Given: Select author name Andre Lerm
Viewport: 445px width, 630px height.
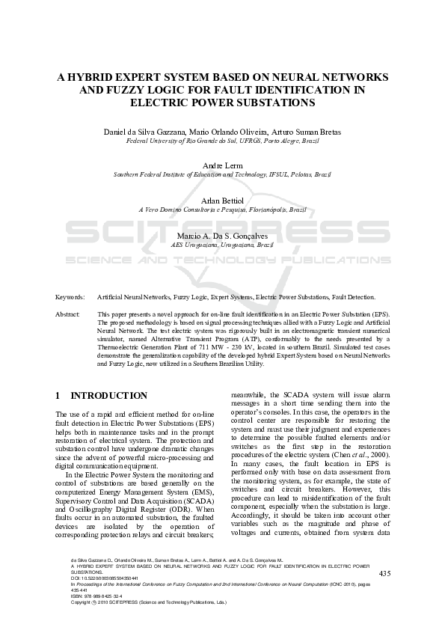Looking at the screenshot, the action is click(x=222, y=165).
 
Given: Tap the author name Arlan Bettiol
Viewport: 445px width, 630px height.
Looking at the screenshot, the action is click(x=222, y=201).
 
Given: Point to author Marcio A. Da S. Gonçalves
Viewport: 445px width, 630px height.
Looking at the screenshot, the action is click(x=222, y=236).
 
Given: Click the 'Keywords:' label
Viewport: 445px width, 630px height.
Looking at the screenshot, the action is click(x=70, y=297).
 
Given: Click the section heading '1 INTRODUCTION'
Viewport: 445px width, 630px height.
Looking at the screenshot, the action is click(x=102, y=395).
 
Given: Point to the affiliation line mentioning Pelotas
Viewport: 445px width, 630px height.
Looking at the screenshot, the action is click(x=222, y=174).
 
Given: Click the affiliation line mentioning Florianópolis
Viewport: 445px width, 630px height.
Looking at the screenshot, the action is click(x=222, y=210).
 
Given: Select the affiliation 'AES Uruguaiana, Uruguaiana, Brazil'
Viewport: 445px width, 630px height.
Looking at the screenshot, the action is click(x=222, y=245).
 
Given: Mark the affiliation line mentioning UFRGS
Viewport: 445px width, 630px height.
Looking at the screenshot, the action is click(x=222, y=139).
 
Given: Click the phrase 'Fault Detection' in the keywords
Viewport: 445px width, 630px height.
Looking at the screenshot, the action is click(x=352, y=297).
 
